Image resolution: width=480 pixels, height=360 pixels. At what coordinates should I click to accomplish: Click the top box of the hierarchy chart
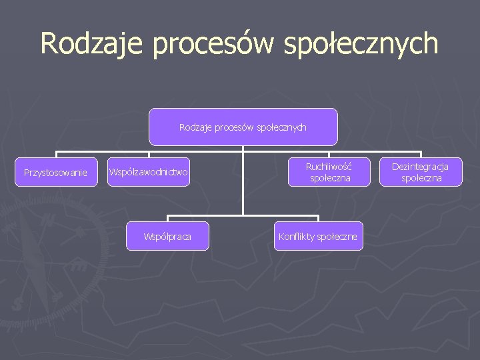pyautogui.click(x=243, y=127)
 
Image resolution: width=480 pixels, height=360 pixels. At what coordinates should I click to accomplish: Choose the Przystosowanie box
pyautogui.click(x=55, y=173)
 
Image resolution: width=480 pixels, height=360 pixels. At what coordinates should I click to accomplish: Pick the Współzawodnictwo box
pyautogui.click(x=149, y=173)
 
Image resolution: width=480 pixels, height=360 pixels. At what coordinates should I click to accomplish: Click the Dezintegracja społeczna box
pyautogui.click(x=420, y=173)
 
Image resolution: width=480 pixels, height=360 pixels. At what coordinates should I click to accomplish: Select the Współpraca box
pyautogui.click(x=167, y=237)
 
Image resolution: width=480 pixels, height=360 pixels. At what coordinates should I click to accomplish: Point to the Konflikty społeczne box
pyautogui.click(x=318, y=237)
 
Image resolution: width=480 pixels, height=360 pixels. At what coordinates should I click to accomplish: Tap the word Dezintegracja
pyautogui.click(x=420, y=167)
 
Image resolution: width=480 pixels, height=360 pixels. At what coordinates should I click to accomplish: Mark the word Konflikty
pyautogui.click(x=297, y=237)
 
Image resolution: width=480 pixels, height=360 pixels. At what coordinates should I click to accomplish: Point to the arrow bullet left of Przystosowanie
pyautogui.click(x=9, y=173)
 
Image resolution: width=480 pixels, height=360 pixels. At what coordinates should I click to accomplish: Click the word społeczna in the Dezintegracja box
pyautogui.click(x=420, y=179)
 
